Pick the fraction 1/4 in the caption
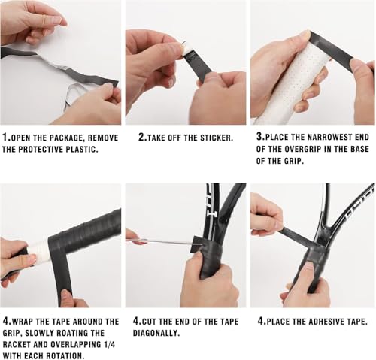point(109,344)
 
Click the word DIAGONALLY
point(156,333)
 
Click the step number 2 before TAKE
point(142,137)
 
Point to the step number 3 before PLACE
point(259,136)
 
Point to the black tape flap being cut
point(197,244)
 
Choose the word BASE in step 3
point(359,149)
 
